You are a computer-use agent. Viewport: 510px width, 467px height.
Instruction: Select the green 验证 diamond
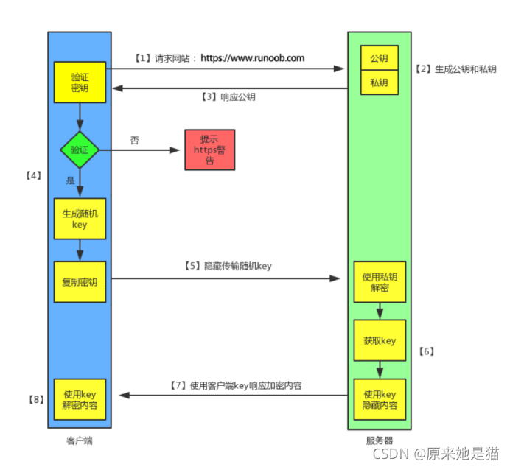pos(80,150)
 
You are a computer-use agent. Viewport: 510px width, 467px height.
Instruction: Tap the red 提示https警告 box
pos(209,150)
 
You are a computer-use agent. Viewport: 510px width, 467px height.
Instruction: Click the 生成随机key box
pos(80,219)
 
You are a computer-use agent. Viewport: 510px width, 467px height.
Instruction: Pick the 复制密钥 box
pos(80,281)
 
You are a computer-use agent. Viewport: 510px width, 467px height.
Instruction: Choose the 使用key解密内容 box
pos(80,398)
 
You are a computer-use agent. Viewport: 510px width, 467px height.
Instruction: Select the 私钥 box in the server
pos(380,82)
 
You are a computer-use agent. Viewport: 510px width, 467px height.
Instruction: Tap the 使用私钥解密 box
pos(380,282)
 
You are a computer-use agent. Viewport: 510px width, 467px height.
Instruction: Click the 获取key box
pos(380,340)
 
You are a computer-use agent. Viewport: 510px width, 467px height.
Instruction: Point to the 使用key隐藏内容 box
pos(380,399)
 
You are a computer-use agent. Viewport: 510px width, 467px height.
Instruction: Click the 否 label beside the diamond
pos(134,140)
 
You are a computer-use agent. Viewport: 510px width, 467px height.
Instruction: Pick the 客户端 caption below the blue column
pos(79,440)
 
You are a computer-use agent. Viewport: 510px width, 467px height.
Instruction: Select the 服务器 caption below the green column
pos(379,440)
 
